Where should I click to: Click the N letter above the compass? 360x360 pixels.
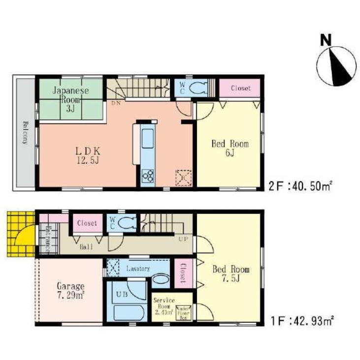[x=326, y=40]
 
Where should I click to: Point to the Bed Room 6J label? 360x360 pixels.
[x=229, y=148]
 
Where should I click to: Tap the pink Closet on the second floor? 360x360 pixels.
[x=241, y=88]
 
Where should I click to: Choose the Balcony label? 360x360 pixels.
[x=25, y=132]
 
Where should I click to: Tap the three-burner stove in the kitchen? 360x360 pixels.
[x=148, y=175]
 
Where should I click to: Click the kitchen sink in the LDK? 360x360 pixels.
[x=148, y=139]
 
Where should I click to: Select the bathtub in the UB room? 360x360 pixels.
[x=127, y=312]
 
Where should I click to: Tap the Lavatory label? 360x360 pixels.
[x=137, y=269]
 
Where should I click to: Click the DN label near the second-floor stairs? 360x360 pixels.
[x=116, y=103]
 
